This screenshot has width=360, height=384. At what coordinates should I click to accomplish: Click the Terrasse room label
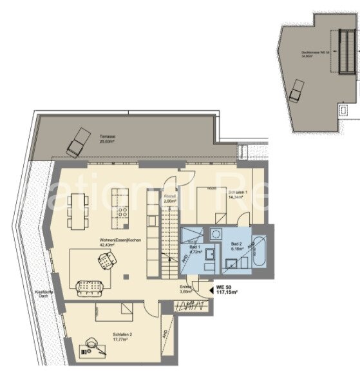coord(107,140)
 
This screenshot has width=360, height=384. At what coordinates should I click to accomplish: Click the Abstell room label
coord(169,199)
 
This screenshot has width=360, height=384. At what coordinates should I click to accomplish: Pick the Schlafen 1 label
coord(235,195)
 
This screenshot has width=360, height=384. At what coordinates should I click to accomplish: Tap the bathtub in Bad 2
coord(258,252)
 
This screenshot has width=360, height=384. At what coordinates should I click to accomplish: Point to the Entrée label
coord(185,290)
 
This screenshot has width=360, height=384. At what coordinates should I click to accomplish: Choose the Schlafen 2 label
coord(122,336)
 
